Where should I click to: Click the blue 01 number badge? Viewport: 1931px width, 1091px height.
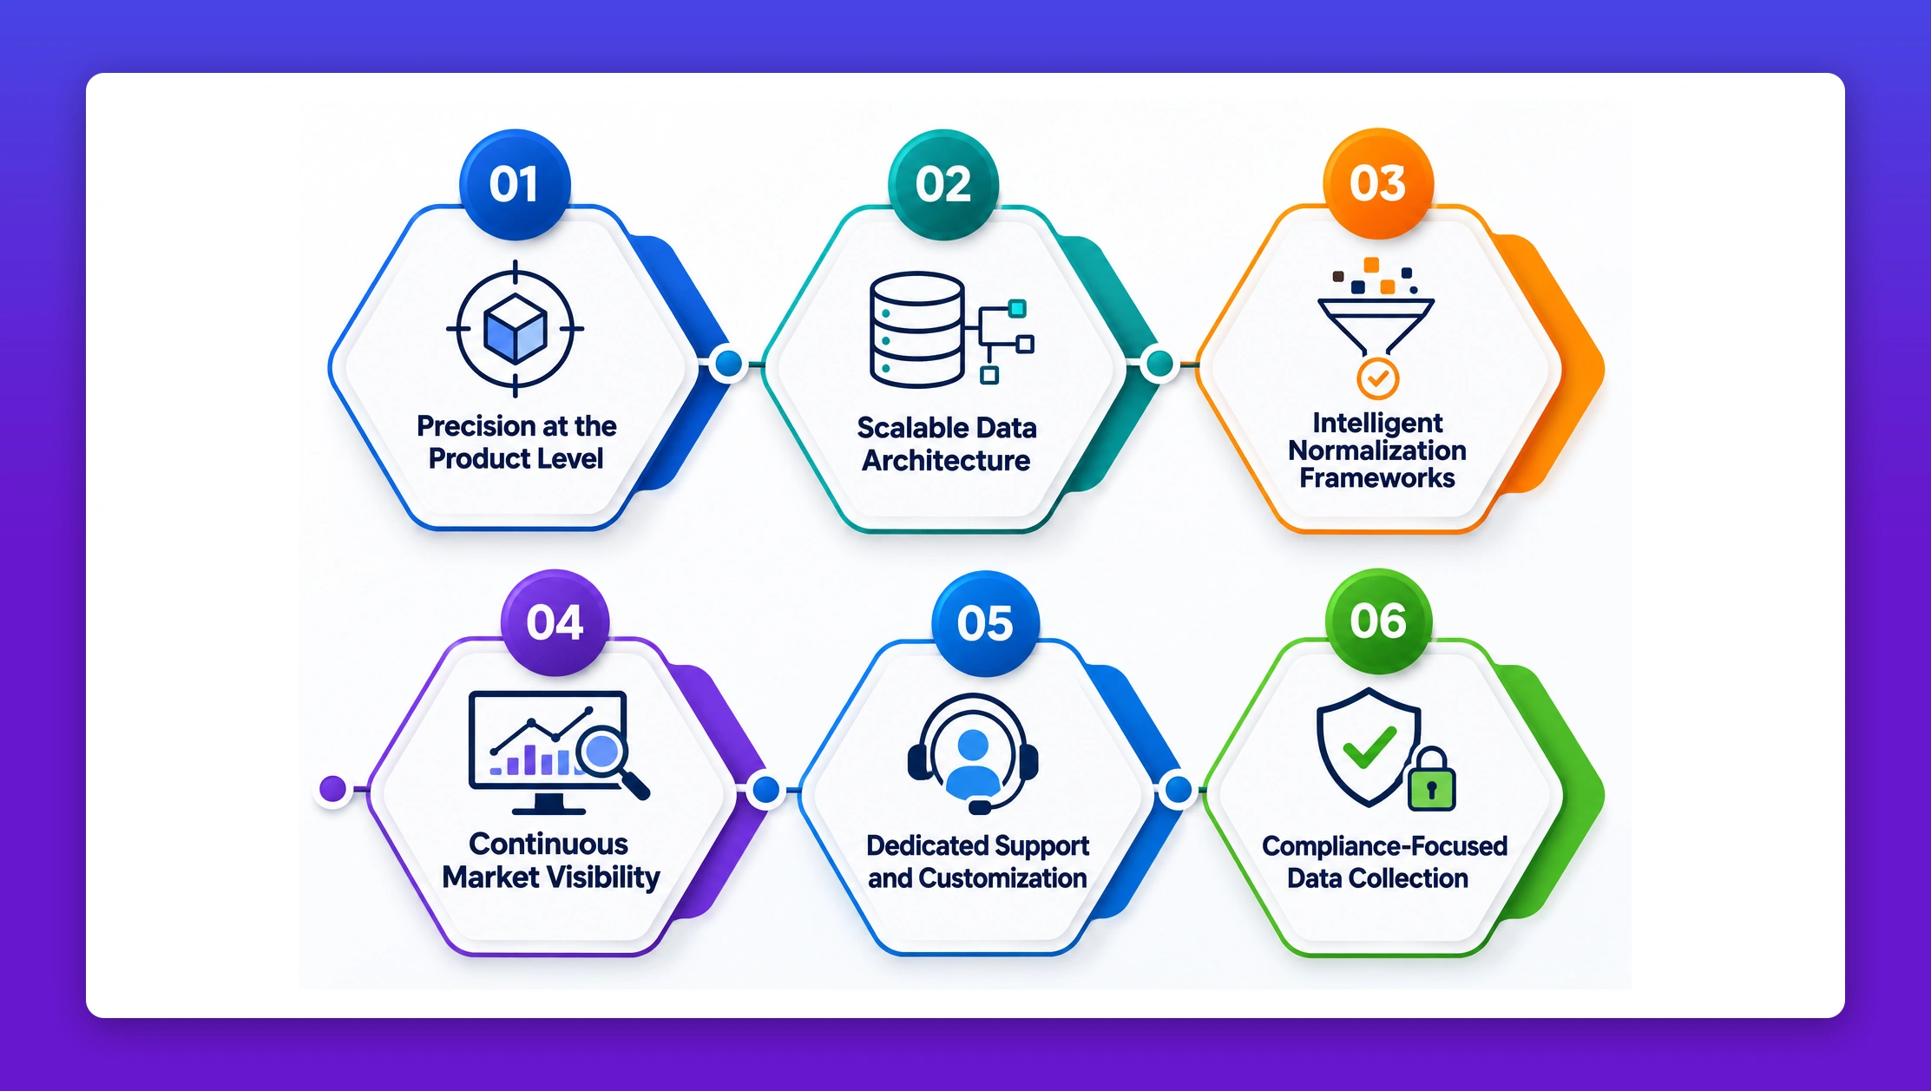click(x=515, y=184)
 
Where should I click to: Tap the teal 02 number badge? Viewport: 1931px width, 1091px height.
click(x=943, y=184)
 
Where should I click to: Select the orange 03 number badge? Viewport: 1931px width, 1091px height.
click(x=1378, y=183)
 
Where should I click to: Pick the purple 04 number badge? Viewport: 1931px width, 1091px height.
click(x=555, y=622)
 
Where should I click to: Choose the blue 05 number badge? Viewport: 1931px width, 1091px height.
click(x=985, y=623)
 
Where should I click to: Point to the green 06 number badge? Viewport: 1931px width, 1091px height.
click(x=1378, y=621)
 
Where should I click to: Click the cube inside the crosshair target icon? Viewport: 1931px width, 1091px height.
click(x=516, y=328)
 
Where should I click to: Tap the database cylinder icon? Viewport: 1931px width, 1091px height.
click(x=916, y=330)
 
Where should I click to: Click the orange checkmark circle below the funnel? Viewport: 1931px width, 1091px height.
click(x=1377, y=378)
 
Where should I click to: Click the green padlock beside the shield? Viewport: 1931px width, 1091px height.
click(x=1432, y=779)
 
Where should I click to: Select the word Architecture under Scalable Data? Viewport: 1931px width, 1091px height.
click(x=946, y=460)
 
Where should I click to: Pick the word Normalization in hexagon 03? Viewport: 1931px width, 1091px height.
click(x=1377, y=450)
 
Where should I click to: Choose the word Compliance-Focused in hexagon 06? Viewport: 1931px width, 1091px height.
click(x=1384, y=845)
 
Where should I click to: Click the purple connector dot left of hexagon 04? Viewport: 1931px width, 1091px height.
click(x=333, y=789)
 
